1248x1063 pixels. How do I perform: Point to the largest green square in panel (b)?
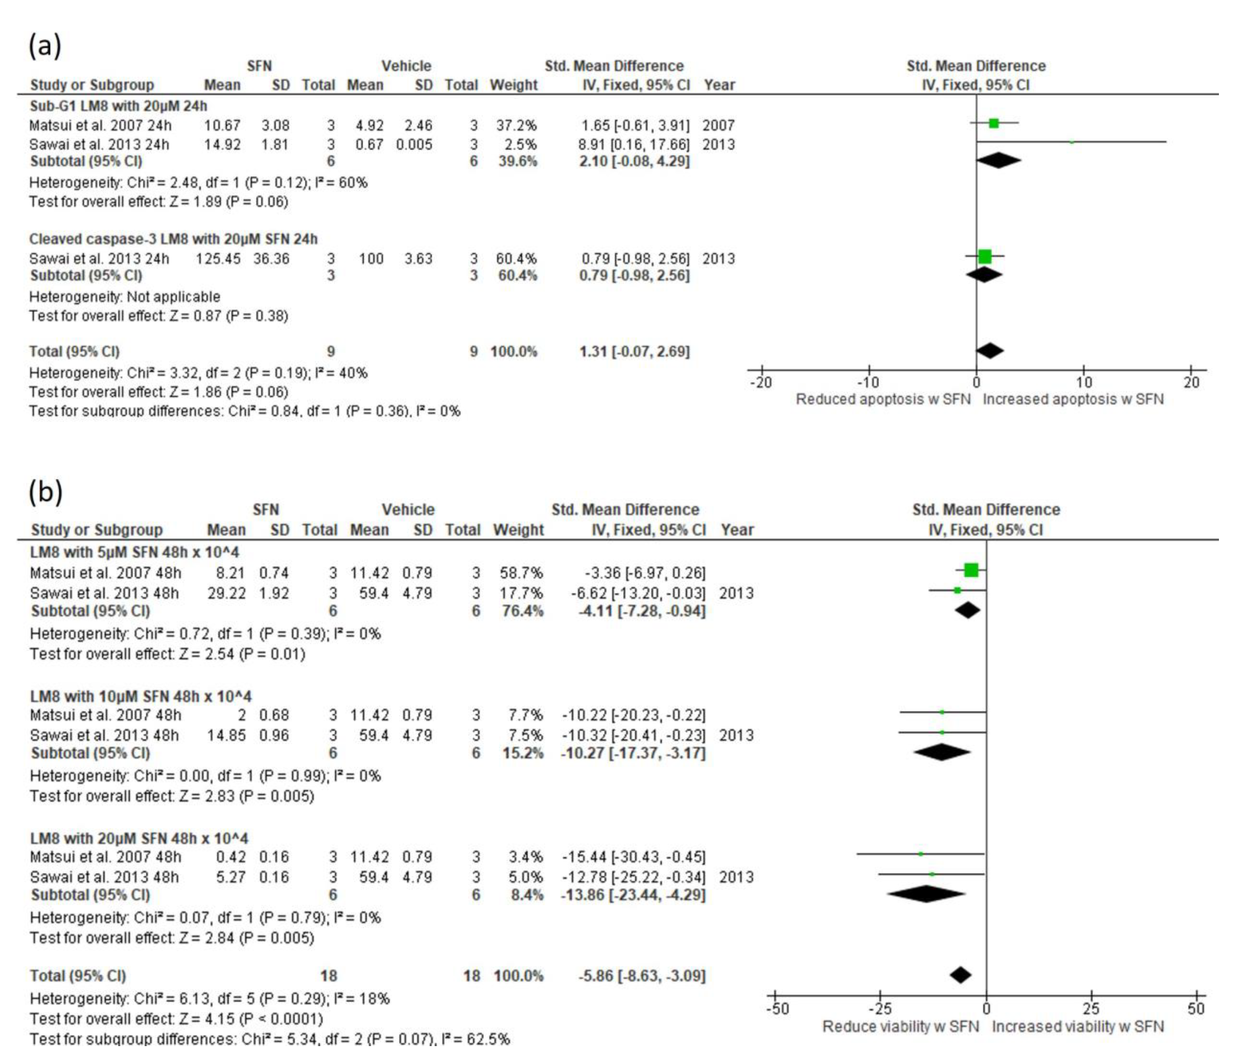pyautogui.click(x=971, y=570)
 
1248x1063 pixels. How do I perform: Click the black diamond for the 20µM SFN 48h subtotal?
pyautogui.click(x=926, y=894)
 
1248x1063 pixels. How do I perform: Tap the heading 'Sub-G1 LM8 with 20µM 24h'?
pyautogui.click(x=118, y=106)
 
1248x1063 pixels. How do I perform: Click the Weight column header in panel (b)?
pyautogui.click(x=518, y=530)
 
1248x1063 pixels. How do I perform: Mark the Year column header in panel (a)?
pyautogui.click(x=719, y=85)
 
